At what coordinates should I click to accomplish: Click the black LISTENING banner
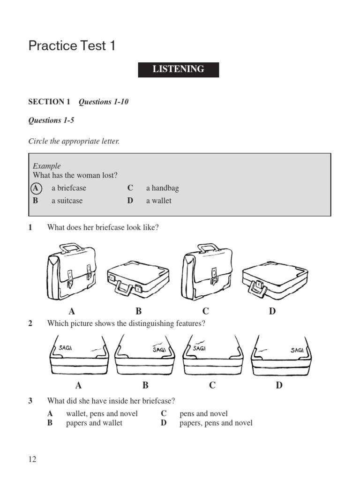coord(178,69)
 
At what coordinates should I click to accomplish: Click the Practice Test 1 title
coord(72,46)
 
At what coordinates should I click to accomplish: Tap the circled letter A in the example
coord(36,188)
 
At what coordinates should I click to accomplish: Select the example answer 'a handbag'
coord(162,188)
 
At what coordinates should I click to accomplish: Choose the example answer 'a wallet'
coord(158,201)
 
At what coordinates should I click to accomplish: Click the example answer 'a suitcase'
coord(67,201)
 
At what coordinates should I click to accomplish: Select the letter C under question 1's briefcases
coord(205,311)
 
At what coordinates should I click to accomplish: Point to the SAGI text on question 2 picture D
coord(297,349)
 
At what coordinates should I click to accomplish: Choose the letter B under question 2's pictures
coord(145,385)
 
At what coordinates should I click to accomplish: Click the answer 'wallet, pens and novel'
coord(102,413)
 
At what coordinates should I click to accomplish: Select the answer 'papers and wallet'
coord(94,423)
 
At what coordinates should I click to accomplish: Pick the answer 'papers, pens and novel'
coord(216,423)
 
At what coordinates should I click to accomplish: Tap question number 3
coord(30,401)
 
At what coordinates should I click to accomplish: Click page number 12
coord(32,459)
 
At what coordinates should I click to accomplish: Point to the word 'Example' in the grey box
coord(46,166)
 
